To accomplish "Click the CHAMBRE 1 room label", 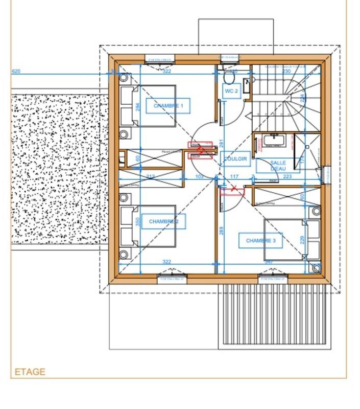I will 168,106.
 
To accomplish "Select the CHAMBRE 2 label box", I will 163,221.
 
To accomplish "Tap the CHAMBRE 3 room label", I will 260,240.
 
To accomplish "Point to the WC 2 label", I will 231,91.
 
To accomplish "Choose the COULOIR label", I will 235,159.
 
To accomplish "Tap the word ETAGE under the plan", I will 30,372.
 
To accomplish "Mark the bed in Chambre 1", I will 148,106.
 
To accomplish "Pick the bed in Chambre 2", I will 148,225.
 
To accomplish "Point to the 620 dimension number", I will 16,72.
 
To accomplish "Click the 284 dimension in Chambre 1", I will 137,108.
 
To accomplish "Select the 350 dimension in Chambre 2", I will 137,223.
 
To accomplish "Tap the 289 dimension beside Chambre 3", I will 222,231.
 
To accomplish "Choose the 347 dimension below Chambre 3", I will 269,262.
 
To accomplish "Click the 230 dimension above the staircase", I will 286,72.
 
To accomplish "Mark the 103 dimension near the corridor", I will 200,176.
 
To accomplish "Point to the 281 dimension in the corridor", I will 222,144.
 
